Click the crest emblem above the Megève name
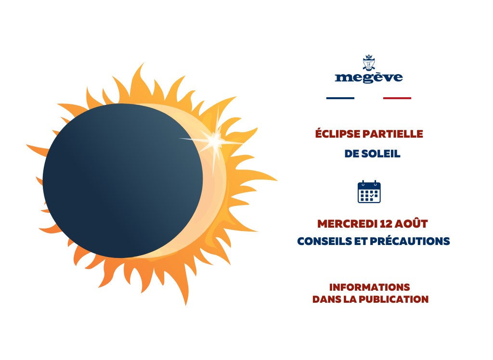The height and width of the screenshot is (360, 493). click(368, 63)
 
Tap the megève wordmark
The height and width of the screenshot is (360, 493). click(369, 77)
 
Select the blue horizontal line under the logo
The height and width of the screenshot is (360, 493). click(340, 98)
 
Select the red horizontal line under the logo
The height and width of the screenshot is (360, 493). click(397, 98)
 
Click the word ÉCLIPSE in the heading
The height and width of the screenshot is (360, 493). click(337, 134)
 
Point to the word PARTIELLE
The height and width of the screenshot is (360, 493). click(393, 134)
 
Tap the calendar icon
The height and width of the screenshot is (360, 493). click(369, 192)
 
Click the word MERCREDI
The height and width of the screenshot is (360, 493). click(347, 224)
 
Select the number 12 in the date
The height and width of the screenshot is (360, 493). click(386, 224)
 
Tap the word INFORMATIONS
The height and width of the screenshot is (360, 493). click(369, 287)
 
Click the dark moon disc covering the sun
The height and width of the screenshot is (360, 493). click(123, 181)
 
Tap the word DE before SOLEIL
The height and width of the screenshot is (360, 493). click(351, 154)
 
